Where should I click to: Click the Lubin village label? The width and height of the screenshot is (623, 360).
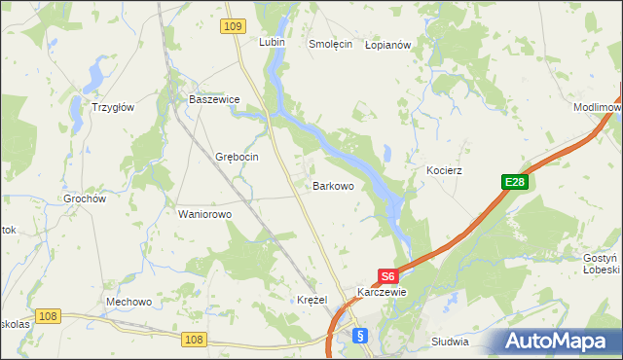[271, 43]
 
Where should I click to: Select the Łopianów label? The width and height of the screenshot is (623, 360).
[389, 45]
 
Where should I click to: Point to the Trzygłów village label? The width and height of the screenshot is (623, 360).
[112, 108]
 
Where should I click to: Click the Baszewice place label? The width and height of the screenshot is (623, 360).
[214, 100]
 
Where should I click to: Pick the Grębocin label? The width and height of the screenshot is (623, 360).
[236, 157]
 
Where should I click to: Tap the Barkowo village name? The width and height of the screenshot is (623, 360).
[332, 185]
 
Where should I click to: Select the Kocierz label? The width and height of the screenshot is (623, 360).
[444, 170]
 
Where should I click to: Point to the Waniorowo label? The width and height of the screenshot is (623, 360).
[204, 214]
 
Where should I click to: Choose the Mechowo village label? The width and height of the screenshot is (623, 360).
[128, 302]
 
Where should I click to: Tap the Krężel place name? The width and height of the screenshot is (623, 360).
[311, 300]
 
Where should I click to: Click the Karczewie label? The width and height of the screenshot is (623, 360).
[382, 292]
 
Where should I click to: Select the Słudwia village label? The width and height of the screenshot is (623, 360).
[450, 342]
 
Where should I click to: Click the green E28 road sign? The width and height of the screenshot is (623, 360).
[515, 182]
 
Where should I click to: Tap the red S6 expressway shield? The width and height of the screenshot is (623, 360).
[387, 275]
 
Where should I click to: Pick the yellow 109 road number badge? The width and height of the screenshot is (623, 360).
[232, 27]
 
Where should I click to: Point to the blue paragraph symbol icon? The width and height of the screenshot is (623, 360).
[360, 336]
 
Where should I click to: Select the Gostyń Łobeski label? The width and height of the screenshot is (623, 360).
[601, 264]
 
